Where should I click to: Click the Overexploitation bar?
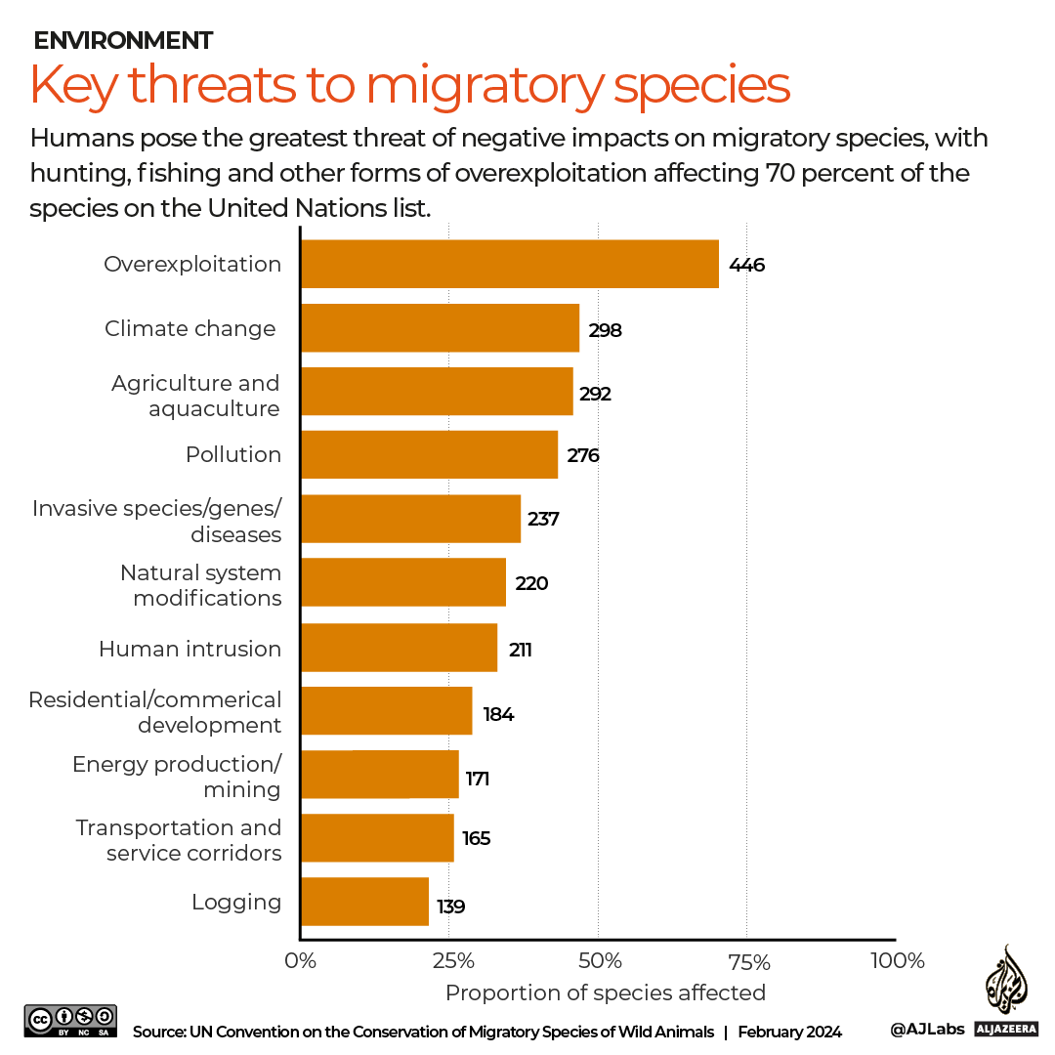[509, 264]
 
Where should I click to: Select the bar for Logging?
[364, 902]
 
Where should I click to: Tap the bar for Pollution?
[429, 454]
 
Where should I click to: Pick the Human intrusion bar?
[399, 648]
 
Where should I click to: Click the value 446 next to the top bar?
[746, 265]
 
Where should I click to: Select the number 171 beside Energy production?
[477, 779]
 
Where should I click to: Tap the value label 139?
[450, 907]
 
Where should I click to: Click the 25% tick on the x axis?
[449, 960]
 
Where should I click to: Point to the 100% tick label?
[896, 960]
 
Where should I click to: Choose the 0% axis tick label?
[301, 960]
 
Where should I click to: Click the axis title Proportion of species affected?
[605, 992]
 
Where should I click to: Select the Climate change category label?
[190, 328]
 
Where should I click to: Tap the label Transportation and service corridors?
[179, 840]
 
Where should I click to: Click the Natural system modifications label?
[200, 585]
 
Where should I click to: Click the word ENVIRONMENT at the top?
[123, 40]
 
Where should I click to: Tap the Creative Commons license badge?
[71, 1021]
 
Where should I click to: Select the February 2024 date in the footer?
[789, 1032]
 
